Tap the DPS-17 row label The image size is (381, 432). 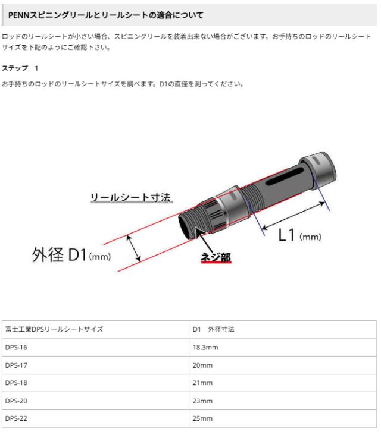click(16, 365)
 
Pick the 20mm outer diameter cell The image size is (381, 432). click(202, 365)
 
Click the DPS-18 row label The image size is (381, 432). click(16, 383)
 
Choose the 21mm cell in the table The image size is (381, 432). click(202, 383)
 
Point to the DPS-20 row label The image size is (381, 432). click(16, 401)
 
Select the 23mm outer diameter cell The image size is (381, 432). click(202, 401)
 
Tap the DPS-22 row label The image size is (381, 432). click(16, 418)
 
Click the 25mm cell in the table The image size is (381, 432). click(202, 418)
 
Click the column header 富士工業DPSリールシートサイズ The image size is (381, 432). click(54, 329)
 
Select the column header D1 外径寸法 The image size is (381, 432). click(213, 329)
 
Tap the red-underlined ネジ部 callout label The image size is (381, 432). click(215, 257)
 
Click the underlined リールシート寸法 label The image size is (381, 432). click(131, 197)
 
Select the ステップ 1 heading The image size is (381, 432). click(20, 68)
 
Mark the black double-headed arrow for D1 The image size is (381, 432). click(135, 247)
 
